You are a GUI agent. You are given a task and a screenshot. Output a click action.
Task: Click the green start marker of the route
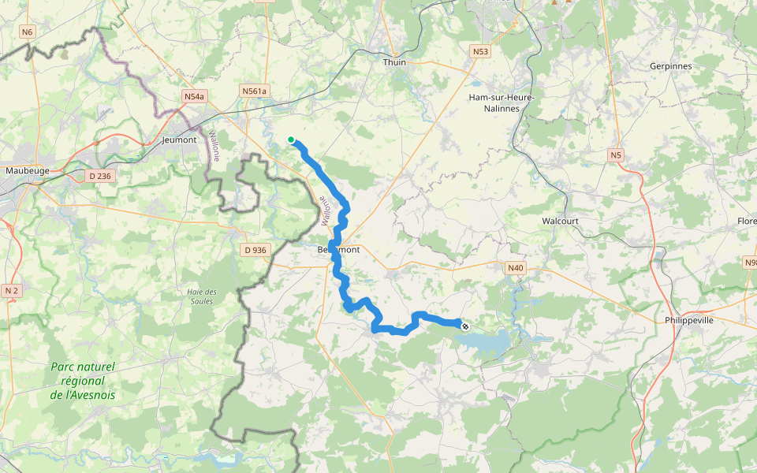[291, 140]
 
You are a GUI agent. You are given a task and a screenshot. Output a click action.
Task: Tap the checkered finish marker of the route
[465, 325]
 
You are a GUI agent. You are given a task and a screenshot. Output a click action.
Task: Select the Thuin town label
[393, 62]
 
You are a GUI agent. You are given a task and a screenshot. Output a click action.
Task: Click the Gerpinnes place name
[670, 66]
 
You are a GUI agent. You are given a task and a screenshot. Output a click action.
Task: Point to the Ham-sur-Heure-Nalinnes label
[502, 102]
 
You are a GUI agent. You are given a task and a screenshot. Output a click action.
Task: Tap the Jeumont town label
[178, 140]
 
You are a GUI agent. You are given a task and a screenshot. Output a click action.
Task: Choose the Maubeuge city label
[27, 170]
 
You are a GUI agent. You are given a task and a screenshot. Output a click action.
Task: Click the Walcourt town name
[560, 222]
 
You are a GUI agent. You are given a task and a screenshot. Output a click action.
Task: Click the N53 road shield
[480, 52]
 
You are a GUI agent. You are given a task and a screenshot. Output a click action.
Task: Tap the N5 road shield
[616, 155]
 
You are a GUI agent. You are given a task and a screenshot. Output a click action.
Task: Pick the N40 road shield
[515, 268]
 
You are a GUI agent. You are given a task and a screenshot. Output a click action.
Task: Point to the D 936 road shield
[255, 250]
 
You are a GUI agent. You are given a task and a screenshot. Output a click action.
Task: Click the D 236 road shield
[99, 176]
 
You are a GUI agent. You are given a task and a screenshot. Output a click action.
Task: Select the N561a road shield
[255, 91]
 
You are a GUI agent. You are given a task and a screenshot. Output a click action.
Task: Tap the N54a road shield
[193, 96]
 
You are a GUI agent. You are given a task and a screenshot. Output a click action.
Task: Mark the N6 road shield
[28, 32]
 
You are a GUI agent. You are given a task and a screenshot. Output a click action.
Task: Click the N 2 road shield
[11, 291]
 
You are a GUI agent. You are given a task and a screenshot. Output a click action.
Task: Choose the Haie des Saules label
[202, 297]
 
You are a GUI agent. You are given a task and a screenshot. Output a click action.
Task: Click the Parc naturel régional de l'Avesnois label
[82, 381]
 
